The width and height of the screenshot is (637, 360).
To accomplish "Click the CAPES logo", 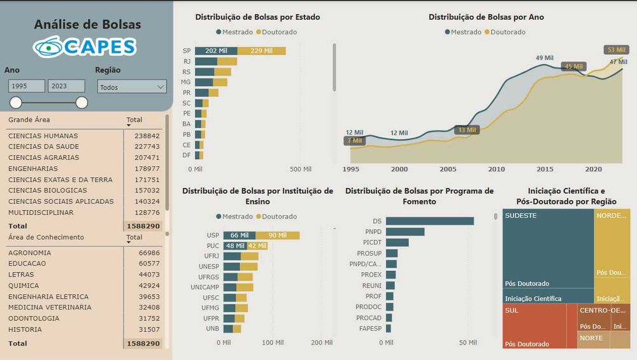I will [x=85, y=47].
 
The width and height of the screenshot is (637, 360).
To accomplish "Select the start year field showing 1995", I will [x=26, y=87].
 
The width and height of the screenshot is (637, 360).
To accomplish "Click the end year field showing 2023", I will [x=66, y=87].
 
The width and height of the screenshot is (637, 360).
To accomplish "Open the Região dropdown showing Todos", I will [x=132, y=87].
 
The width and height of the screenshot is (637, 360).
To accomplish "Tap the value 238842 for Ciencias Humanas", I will [x=147, y=136].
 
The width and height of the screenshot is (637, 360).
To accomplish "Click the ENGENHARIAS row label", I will [x=33, y=169].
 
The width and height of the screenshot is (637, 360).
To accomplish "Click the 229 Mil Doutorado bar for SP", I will [x=261, y=51].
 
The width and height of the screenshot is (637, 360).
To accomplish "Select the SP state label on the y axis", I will [x=187, y=51].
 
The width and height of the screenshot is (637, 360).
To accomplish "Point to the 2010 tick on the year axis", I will [x=496, y=169].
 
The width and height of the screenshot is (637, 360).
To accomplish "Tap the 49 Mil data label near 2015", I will [x=544, y=58].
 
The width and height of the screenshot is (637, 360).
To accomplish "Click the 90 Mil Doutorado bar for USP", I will [x=277, y=236].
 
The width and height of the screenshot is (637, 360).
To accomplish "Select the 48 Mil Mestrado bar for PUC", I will [x=234, y=246].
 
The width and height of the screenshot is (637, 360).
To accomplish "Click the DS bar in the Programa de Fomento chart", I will [x=429, y=221].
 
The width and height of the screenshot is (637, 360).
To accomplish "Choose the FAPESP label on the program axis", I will [x=370, y=329].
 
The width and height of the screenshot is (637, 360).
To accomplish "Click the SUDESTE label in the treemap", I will [x=520, y=216].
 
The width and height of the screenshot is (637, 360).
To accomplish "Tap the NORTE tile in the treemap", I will [x=591, y=338].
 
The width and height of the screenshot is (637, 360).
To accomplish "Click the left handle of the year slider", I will [x=16, y=103].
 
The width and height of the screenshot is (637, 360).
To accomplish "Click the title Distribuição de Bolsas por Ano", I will [x=486, y=17].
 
